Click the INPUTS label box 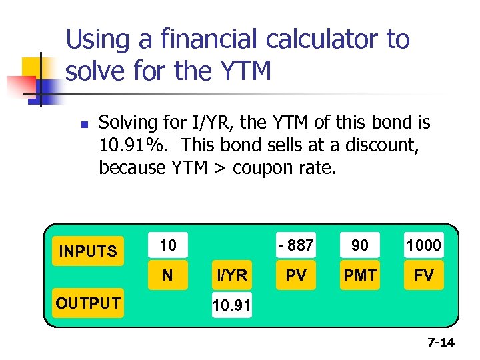point(88,251)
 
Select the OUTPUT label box point(88,303)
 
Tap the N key point(167,275)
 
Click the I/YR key point(231,275)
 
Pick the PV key point(296,275)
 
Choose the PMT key point(360,275)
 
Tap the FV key point(424,275)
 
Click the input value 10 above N point(168,245)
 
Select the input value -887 point(296,245)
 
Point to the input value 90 point(360,245)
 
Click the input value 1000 point(424,245)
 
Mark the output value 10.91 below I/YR point(231,306)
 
